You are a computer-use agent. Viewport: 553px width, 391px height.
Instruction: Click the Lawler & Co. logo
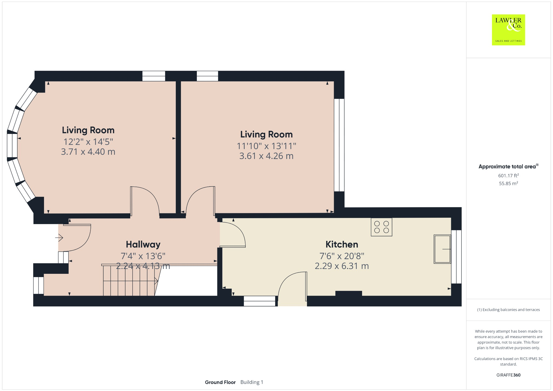(x=508, y=30)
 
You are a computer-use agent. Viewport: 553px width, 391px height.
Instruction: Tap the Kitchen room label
(x=342, y=244)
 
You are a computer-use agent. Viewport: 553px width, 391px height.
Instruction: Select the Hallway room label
(x=143, y=244)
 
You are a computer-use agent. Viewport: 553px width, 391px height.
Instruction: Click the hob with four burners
(x=381, y=227)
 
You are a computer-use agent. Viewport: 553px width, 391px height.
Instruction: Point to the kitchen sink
(x=442, y=249)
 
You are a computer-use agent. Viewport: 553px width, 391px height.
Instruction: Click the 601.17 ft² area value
(x=508, y=176)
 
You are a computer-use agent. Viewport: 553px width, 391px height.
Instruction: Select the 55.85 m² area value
(x=508, y=183)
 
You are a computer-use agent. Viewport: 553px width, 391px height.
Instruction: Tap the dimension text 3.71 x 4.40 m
(x=88, y=152)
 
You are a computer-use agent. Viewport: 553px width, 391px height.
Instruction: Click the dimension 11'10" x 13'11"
(x=266, y=146)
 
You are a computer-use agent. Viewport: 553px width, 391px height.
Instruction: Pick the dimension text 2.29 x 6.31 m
(x=342, y=266)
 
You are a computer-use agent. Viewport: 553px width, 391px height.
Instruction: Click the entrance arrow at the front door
(x=59, y=238)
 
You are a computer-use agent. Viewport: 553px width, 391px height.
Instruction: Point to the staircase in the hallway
(x=130, y=281)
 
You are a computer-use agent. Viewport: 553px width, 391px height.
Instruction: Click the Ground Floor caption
(x=220, y=382)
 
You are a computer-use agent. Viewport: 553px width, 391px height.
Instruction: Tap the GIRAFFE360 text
(x=508, y=375)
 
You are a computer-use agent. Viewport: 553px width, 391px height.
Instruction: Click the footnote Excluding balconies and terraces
(x=508, y=310)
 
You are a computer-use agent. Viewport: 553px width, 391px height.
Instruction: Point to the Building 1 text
(x=252, y=382)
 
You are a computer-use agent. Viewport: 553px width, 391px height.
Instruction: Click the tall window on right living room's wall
(x=339, y=145)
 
